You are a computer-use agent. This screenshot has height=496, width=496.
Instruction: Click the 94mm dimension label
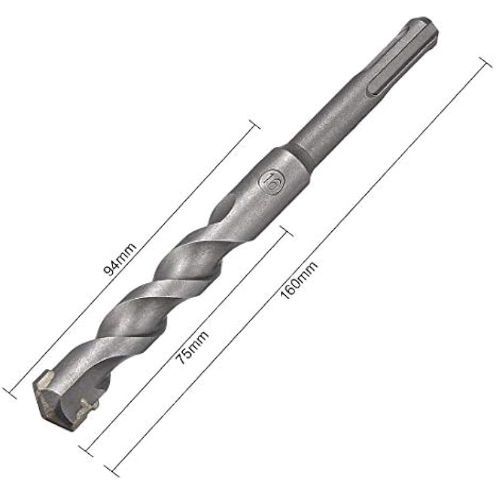point(120,259)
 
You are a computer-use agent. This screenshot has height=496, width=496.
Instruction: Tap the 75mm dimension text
point(192,348)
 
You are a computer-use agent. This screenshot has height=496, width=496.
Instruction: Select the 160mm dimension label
point(299,280)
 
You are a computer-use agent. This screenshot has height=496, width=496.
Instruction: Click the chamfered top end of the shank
point(422,25)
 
